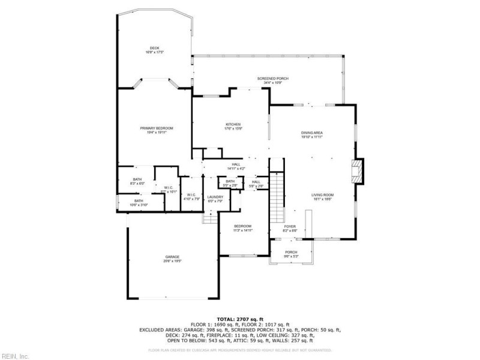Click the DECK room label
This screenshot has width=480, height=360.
click(154, 47)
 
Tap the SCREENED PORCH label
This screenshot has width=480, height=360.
click(269, 79)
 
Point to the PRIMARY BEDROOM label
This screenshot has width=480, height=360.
click(157, 128)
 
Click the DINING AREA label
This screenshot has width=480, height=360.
click(312, 133)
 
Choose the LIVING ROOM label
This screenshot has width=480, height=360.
click(322, 195)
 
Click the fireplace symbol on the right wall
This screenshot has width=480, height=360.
click(358, 170)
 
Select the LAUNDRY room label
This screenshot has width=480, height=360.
click(215, 197)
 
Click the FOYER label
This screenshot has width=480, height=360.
click(290, 226)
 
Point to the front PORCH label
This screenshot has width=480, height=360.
click(291, 252)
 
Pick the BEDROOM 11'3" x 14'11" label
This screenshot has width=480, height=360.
click(243, 226)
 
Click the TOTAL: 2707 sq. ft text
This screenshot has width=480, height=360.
click(240, 319)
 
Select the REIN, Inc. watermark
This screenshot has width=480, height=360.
click(14, 356)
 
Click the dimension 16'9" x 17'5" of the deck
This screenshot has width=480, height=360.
click(154, 52)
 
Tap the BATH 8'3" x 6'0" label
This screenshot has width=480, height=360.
click(137, 179)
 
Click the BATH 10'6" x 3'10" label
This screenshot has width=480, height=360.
click(139, 201)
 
